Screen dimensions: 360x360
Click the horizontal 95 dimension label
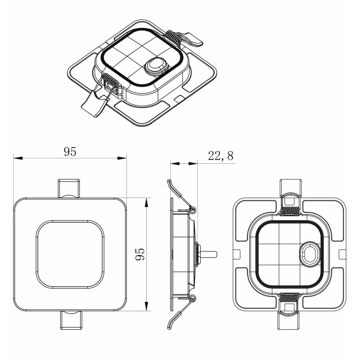(70, 152)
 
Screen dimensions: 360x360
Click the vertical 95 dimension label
(140, 254)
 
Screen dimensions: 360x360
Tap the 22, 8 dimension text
(220, 156)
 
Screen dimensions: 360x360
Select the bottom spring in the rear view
(289, 298)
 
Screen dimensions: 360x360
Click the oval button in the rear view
(310, 254)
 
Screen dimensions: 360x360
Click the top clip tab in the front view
(69, 188)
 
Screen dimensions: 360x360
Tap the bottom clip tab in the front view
(71, 320)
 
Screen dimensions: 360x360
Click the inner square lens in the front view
(70, 254)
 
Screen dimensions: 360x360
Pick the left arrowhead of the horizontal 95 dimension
(18, 158)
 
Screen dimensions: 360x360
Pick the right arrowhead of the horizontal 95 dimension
(122, 158)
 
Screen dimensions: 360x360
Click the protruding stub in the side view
(208, 254)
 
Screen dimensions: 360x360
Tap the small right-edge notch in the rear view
(342, 254)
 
